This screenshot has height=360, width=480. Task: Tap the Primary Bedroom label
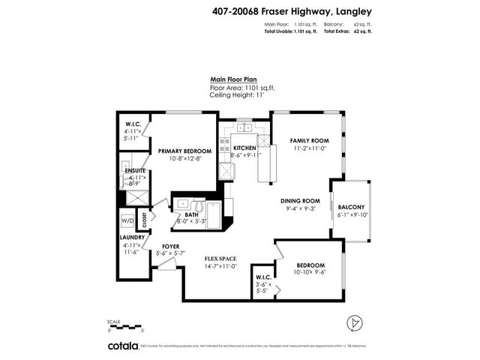click(184, 151)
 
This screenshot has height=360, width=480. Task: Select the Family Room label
click(310, 140)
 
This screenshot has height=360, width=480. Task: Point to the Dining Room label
click(301, 201)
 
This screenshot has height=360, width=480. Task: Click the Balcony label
click(351, 207)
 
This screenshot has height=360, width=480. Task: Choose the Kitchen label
click(244, 148)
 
